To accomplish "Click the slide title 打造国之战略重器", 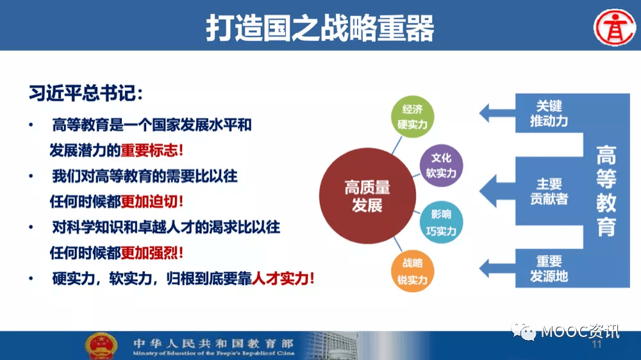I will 320,28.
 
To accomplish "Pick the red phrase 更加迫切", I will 148,200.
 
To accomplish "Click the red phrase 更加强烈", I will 148,252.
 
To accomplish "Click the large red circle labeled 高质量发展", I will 367,195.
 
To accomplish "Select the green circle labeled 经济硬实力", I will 412,117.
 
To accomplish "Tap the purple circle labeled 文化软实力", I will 441,165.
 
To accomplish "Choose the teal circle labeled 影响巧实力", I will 441,222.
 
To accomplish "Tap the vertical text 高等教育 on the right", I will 606,191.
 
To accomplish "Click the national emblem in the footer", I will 101,346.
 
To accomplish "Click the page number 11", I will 597,346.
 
